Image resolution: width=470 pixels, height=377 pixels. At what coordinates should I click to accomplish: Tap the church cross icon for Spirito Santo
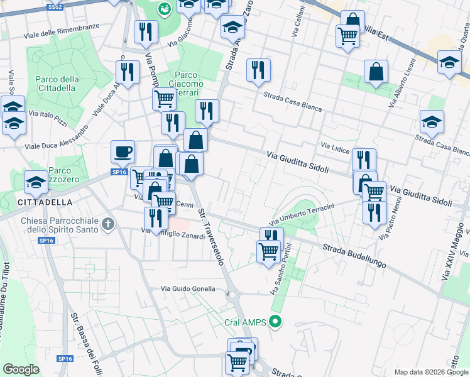point(109,224)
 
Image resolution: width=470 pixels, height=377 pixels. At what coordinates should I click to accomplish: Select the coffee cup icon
point(123,151)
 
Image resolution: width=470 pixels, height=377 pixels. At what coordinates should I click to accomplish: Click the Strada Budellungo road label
point(354,256)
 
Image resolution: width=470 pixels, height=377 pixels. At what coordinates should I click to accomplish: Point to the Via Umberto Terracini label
point(302,214)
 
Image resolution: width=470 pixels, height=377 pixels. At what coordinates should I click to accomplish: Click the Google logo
point(21,369)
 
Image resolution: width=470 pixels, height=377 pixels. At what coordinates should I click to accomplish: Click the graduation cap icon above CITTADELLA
point(36,183)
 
